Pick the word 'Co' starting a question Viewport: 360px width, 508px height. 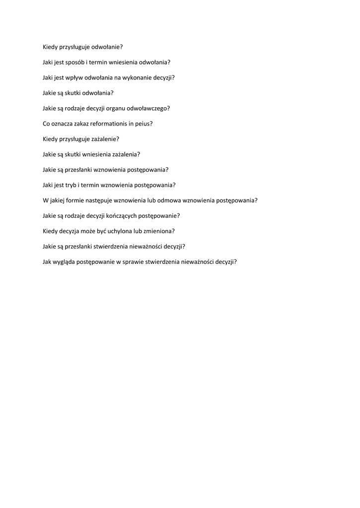(46, 124)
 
